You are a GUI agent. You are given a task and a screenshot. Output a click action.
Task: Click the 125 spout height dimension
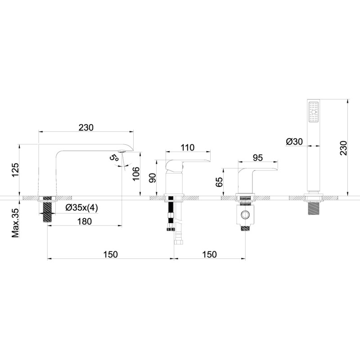(16, 170)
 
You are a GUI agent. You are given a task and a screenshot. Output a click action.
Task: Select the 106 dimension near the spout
(136, 174)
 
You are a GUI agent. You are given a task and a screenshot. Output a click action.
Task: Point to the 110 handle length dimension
(188, 148)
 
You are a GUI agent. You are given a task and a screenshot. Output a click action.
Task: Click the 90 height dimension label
(153, 178)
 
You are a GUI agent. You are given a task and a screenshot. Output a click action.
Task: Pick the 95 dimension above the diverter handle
(257, 158)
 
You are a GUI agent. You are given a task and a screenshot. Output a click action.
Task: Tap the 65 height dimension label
(219, 182)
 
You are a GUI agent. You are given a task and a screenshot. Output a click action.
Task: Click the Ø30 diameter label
(294, 142)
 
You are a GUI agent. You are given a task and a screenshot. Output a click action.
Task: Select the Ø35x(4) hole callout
(81, 208)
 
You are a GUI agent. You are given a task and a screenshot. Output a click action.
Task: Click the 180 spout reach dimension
(85, 221)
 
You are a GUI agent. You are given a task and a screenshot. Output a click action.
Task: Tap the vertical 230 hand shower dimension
(344, 148)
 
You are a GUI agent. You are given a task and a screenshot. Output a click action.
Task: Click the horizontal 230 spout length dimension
(86, 127)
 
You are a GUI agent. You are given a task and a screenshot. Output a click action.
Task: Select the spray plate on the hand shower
(313, 112)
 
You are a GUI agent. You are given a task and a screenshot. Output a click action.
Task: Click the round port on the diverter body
(245, 215)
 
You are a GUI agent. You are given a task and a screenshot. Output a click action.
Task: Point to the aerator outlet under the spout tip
(121, 151)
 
